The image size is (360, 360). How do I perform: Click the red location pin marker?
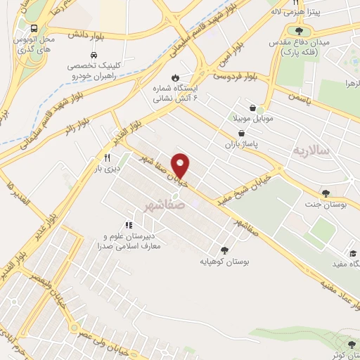point(181,166)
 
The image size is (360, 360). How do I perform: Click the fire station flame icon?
point(175,77)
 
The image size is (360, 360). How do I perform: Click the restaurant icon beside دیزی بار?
point(108,157)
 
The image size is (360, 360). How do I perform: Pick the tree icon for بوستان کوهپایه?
point(224,250)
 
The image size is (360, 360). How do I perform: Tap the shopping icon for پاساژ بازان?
point(242,133)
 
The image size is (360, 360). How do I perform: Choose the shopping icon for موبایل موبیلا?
point(259,110)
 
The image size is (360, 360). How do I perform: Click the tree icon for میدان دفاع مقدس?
point(300,31)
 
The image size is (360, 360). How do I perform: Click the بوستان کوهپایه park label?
point(224,262)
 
